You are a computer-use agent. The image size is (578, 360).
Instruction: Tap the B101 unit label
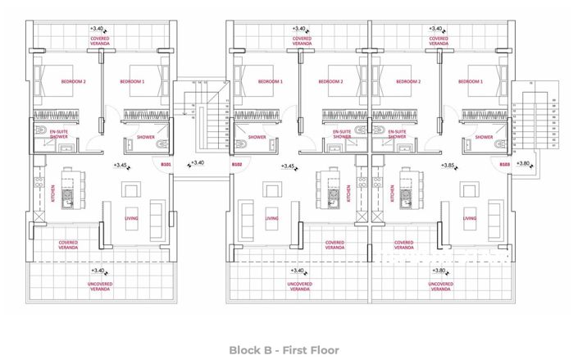[166, 165]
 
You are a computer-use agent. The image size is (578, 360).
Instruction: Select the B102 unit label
[237, 165]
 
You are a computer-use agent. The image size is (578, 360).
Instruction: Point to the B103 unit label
[505, 165]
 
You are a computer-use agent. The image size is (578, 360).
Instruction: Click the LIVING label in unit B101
[131, 220]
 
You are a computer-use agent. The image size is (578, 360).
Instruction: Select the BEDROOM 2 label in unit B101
[74, 82]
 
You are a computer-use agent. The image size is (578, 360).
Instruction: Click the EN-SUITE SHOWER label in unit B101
[58, 134]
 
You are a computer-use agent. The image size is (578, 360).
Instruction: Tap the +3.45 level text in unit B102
[288, 166]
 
